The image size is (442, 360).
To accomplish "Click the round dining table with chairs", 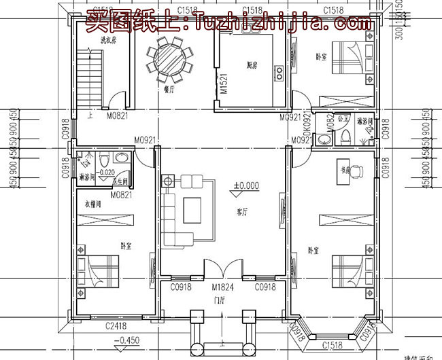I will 165,59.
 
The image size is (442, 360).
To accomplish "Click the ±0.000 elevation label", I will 247,185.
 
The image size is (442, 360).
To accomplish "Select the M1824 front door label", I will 222,287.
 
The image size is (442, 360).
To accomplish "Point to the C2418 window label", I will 116,326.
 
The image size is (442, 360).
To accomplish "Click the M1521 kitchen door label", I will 224,84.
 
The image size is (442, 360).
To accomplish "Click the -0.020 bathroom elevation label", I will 105,173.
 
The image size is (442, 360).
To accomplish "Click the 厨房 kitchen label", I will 252,65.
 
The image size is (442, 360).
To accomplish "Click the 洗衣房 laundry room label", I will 107,41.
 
